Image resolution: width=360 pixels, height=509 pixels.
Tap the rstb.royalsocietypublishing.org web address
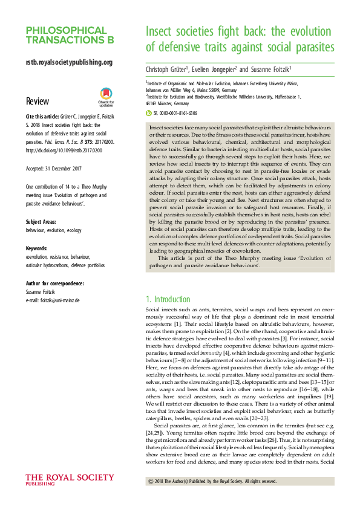pyautogui.click(x=70, y=62)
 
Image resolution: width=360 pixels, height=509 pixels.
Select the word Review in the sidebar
pyautogui.click(x=38, y=101)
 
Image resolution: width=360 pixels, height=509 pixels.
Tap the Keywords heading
pyautogui.click(x=38, y=248)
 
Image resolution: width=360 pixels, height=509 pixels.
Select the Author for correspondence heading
pyautogui.click(x=55, y=283)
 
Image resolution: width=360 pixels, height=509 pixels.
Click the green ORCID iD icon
pyautogui.click(x=149, y=112)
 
